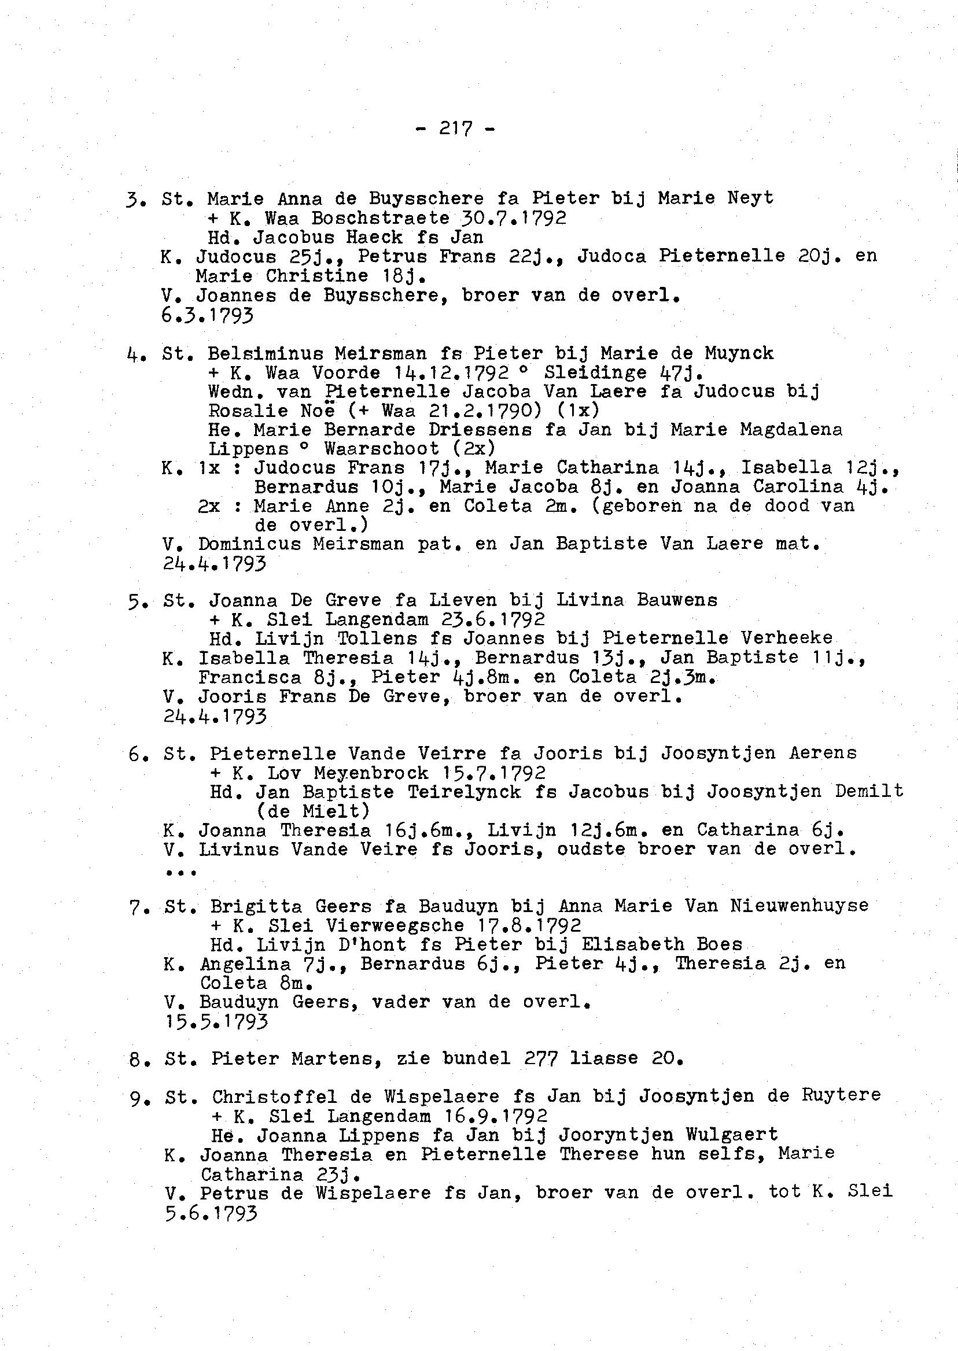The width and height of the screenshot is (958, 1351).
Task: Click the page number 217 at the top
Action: point(455,128)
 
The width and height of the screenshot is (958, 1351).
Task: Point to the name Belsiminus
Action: point(266,353)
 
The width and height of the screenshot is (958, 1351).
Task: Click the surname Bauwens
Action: point(677,600)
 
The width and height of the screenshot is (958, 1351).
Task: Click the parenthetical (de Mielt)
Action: point(313,811)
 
